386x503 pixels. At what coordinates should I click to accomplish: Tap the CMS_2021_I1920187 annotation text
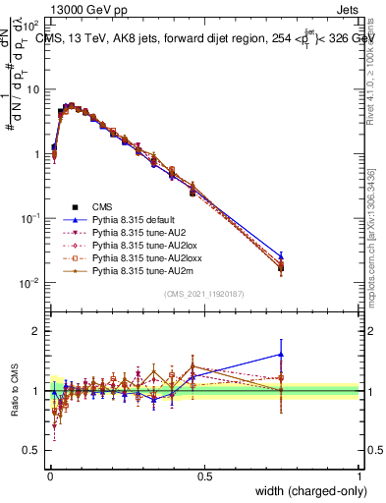pos(203,295)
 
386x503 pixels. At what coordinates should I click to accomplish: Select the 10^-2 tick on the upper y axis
pos(32,283)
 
